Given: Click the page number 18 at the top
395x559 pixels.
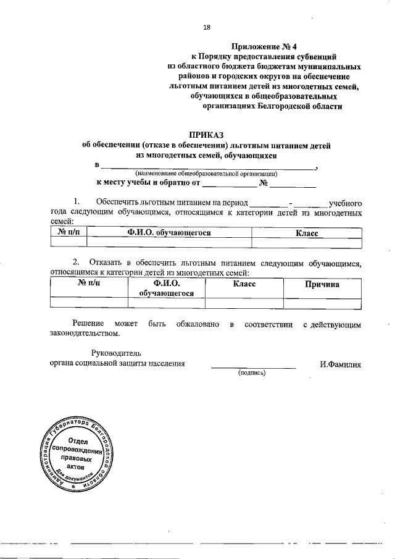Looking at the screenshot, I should [207, 27].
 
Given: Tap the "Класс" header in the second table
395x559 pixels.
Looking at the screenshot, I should [244, 284].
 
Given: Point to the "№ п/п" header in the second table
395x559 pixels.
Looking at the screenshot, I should [89, 284].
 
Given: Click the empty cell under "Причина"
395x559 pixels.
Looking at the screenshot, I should [322, 303].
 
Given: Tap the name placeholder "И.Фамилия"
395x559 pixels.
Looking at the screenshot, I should [340, 364].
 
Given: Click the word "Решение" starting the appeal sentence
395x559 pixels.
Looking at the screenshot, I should [87, 324].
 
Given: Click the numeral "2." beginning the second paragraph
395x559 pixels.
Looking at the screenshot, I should [77, 263].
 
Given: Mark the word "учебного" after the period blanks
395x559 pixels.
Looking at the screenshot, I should [345, 203].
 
